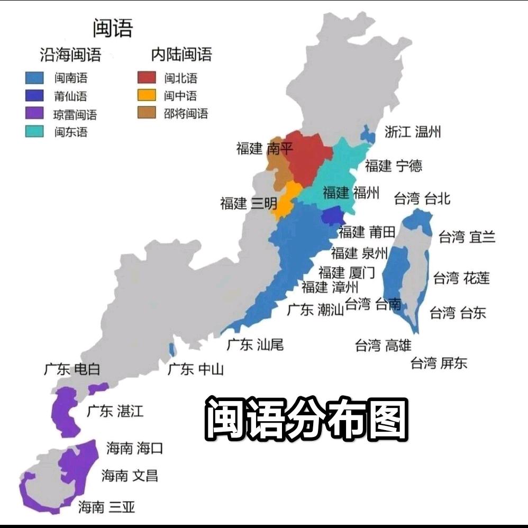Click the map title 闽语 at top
113,28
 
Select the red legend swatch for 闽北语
147,78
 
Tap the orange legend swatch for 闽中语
147,95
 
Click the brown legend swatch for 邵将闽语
147,113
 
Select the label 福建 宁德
394,166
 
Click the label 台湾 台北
422,198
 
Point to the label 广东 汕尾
255,344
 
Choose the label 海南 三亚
106,507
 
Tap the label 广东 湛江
115,411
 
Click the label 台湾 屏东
439,363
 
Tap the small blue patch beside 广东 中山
172,349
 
